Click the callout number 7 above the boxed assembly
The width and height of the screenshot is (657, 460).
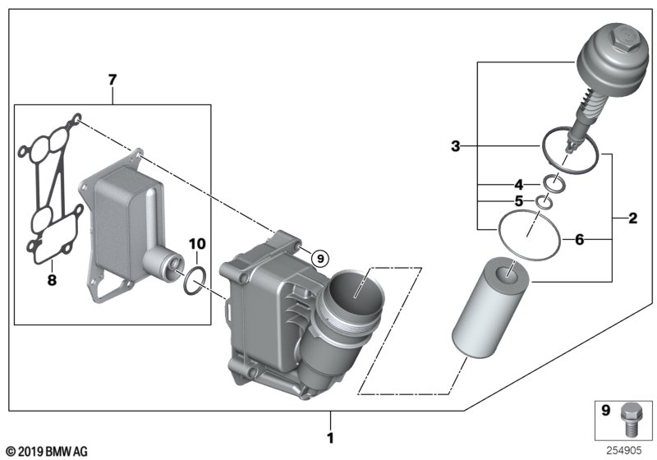113,80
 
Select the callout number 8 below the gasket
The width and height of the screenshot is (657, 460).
52,280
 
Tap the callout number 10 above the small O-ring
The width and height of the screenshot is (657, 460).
197,243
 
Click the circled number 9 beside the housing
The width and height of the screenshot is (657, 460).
320,259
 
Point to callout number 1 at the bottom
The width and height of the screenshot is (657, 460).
331,438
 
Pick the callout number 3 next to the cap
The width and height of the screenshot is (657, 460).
456,146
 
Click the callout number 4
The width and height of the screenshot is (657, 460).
519,184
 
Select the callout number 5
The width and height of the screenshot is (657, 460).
519,201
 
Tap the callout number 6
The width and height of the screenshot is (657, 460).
580,240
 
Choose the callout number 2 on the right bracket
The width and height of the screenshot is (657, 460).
633,218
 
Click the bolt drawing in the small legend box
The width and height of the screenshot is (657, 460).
632,420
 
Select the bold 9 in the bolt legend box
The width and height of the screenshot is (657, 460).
606,410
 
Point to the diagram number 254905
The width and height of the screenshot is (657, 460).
624,450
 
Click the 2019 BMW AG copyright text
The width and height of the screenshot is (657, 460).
48,452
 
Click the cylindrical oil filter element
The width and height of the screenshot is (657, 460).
490,308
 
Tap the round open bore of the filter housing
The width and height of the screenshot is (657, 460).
356,289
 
